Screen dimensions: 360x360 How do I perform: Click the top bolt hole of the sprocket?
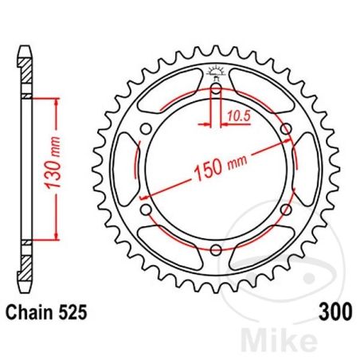(x=216, y=88)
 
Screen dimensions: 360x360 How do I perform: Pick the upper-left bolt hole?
(x=146, y=129)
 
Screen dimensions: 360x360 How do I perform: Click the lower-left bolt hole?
(x=146, y=209)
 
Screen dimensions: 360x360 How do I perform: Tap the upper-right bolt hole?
(x=286, y=129)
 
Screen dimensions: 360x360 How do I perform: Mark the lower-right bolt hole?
(x=286, y=209)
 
